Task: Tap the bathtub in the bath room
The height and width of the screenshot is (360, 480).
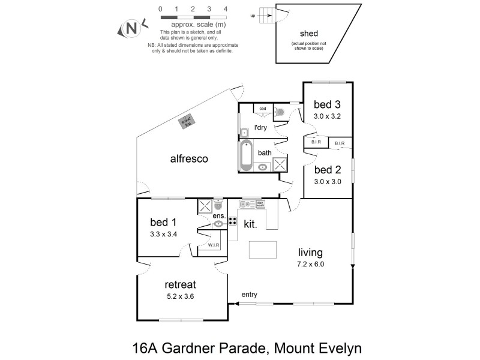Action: pyautogui.click(x=245, y=155)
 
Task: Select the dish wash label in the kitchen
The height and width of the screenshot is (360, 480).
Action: pyautogui.click(x=260, y=204)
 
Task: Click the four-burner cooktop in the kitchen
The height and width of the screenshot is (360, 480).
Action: pyautogui.click(x=232, y=221)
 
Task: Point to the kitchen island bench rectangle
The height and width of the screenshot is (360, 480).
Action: pyautogui.click(x=262, y=249)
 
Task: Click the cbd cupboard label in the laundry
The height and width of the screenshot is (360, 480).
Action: pyautogui.click(x=262, y=109)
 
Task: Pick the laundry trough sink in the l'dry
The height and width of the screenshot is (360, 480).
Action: pyautogui.click(x=244, y=132)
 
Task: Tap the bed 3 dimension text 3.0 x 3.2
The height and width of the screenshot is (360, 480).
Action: pyautogui.click(x=327, y=116)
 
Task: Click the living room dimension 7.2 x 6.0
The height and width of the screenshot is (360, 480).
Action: pyautogui.click(x=310, y=263)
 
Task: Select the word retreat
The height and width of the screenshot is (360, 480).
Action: pyautogui.click(x=180, y=284)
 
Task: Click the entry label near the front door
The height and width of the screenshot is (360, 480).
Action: pyautogui.click(x=250, y=295)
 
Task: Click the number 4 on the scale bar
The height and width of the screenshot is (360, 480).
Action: pyautogui.click(x=225, y=9)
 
